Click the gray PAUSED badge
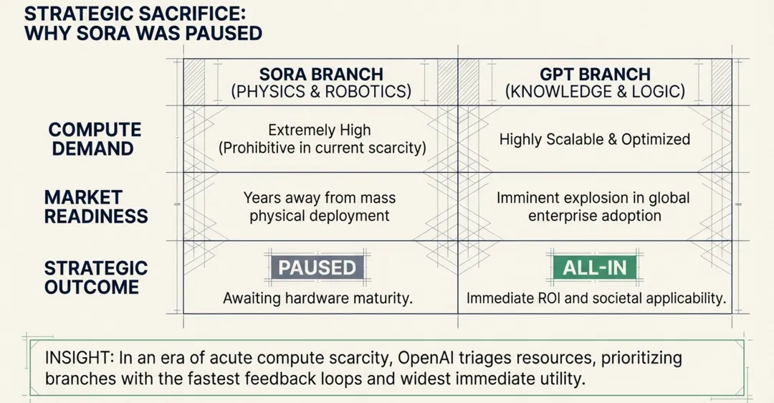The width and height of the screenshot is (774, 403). [317, 267]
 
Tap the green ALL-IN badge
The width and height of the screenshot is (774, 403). [595, 267]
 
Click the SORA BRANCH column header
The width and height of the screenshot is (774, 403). [320, 75]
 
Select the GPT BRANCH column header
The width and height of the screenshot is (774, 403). [595, 75]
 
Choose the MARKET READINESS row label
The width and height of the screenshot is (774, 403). [96, 207]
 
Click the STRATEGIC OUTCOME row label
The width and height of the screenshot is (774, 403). [96, 278]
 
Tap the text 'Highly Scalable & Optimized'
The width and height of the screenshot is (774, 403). [595, 139]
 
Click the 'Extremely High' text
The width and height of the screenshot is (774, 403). [320, 131]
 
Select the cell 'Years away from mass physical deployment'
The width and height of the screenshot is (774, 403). [320, 207]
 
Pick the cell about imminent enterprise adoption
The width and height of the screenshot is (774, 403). [595, 207]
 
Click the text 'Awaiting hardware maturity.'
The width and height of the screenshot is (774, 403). [317, 298]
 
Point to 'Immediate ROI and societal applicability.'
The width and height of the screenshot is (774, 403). [596, 298]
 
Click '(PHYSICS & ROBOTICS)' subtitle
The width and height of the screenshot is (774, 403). [320, 92]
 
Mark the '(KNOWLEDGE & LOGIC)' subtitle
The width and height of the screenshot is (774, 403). [595, 92]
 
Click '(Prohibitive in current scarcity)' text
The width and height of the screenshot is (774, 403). [322, 148]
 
